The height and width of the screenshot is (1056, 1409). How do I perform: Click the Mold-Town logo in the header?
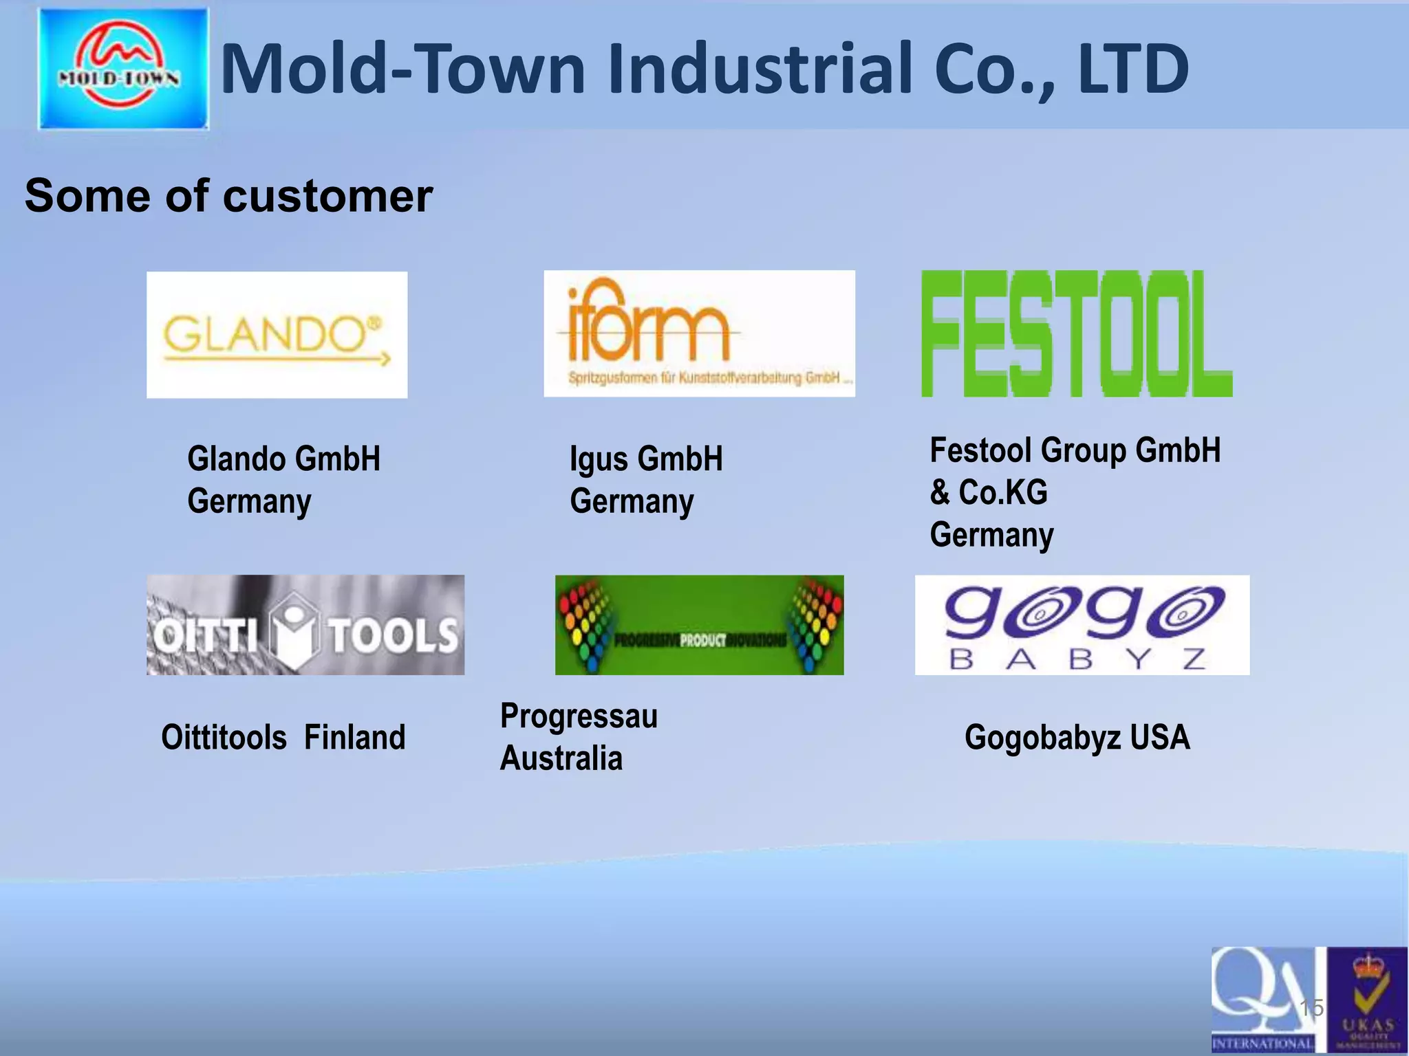[123, 68]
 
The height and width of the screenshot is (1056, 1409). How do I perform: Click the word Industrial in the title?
[760, 68]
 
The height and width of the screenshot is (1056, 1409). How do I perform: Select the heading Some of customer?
[228, 196]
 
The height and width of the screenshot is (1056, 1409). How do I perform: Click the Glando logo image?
[277, 335]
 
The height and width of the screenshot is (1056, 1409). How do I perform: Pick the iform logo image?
[699, 333]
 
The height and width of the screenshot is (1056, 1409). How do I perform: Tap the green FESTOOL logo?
[1076, 333]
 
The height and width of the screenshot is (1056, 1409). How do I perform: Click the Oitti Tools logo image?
[305, 625]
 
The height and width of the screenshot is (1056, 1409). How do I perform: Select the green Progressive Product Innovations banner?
[699, 625]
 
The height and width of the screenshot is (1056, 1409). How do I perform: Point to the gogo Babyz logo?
[1082, 625]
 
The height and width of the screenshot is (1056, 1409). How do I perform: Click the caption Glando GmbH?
[283, 459]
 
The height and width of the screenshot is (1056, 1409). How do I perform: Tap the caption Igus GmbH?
[646, 459]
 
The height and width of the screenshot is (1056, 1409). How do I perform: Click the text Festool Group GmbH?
[1075, 450]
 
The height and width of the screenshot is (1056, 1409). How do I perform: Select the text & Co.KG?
[989, 492]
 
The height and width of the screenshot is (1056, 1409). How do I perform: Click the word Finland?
[354, 737]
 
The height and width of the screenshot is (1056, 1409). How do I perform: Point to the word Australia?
[561, 758]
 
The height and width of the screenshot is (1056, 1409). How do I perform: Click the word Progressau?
[579, 716]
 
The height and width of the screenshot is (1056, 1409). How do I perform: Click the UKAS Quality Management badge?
[1367, 1000]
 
